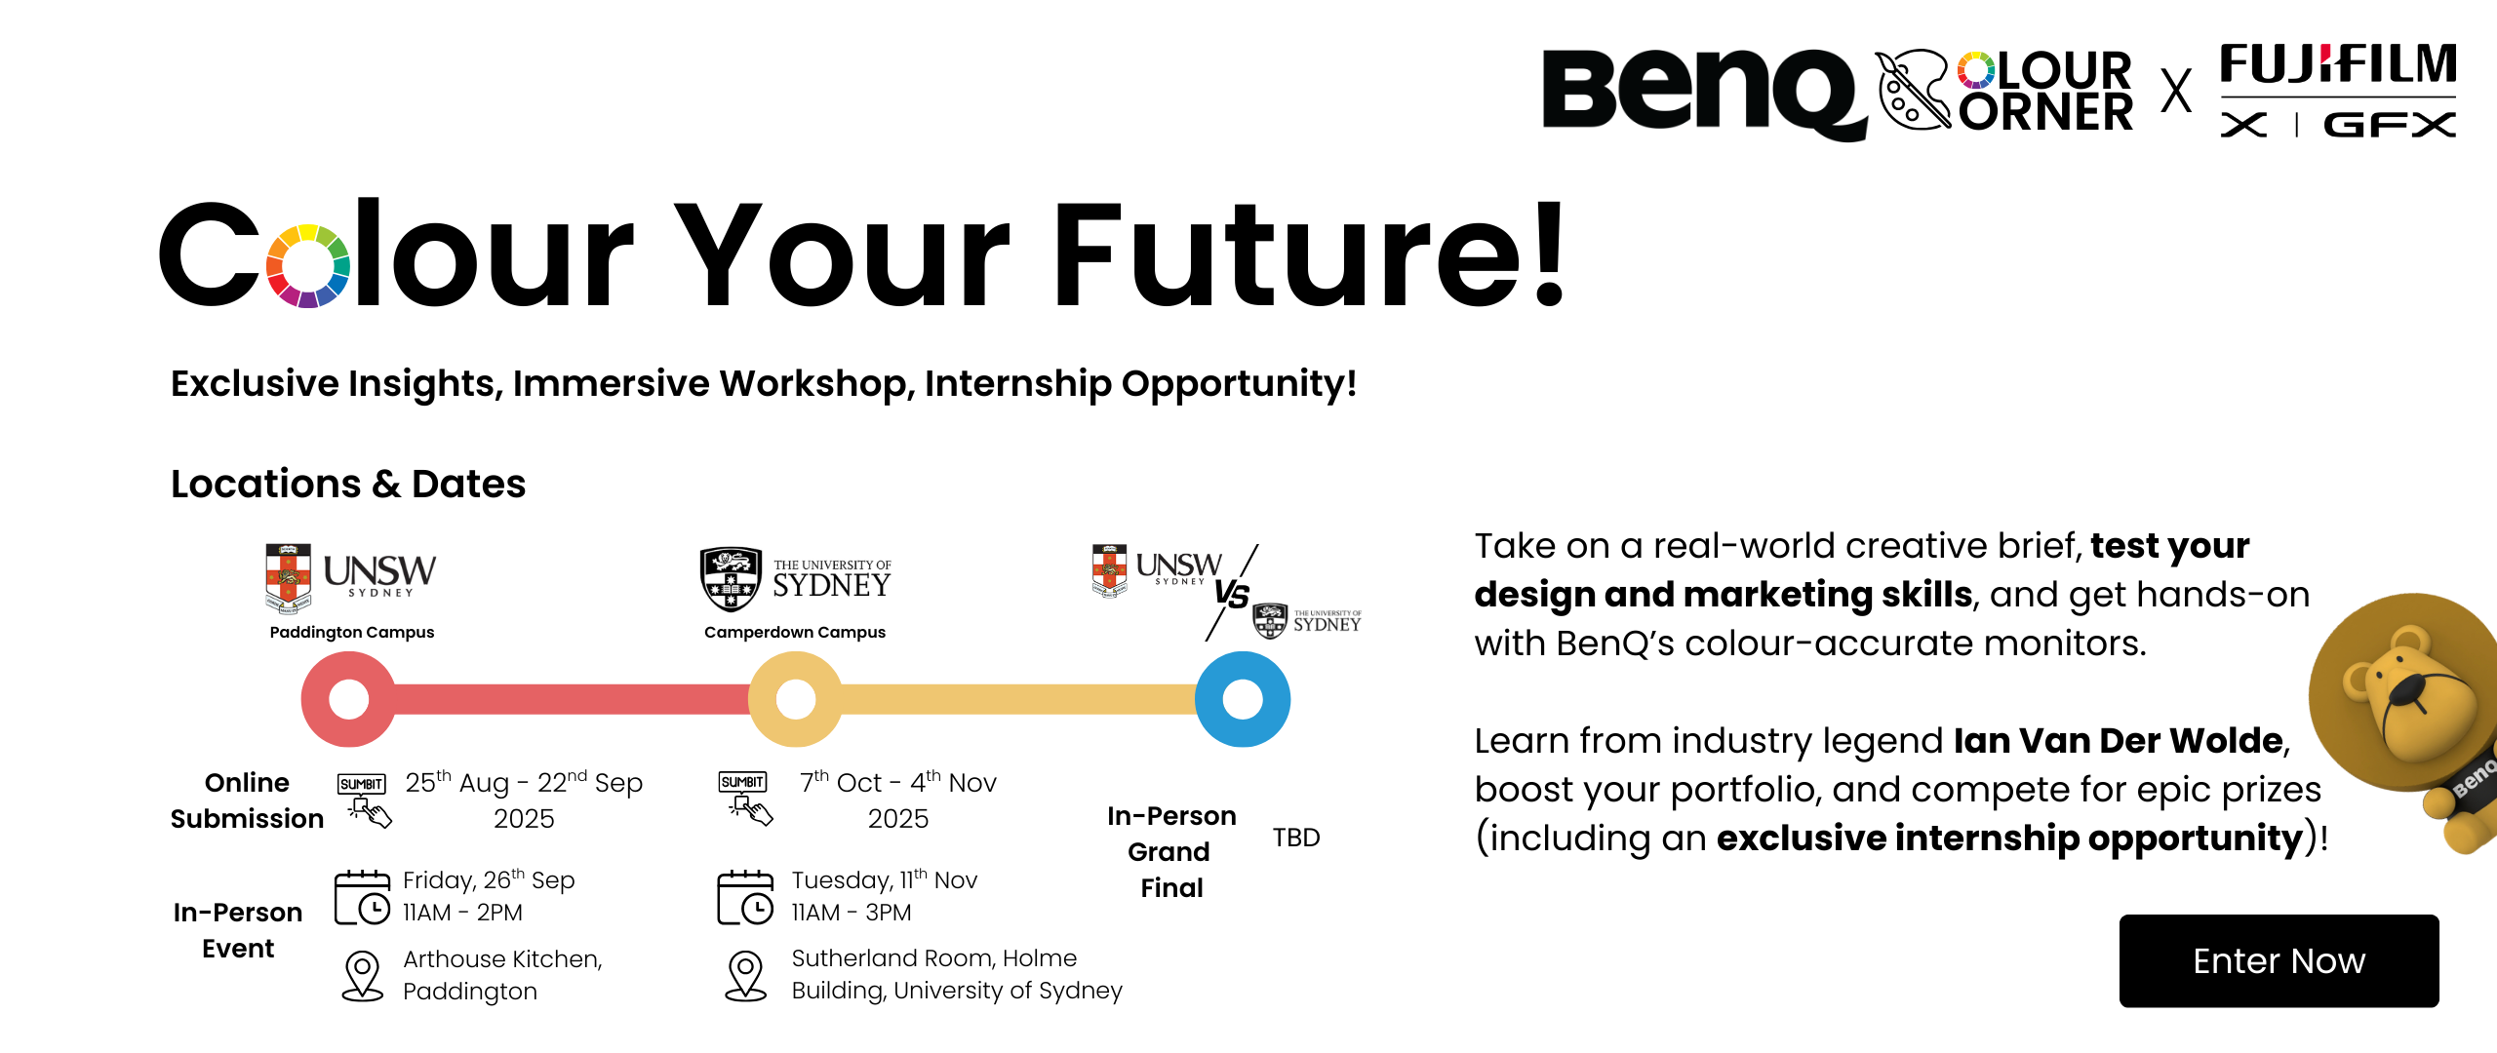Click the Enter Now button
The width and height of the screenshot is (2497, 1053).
tap(2279, 961)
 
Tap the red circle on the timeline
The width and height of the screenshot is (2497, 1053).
tap(348, 699)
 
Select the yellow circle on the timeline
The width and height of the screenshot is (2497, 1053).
tap(795, 699)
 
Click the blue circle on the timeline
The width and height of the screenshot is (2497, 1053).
tap(1242, 699)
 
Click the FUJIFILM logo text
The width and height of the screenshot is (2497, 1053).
tap(2338, 65)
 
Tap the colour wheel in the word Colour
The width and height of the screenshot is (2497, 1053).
tap(308, 266)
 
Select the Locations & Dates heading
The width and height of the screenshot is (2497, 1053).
tap(348, 484)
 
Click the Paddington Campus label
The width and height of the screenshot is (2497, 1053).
tap(352, 632)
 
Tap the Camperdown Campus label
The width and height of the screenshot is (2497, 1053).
tap(795, 632)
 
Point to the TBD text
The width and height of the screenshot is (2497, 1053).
tap(1296, 838)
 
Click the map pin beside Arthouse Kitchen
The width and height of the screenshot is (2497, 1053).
tap(362, 975)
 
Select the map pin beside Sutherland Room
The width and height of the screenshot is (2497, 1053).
tap(746, 975)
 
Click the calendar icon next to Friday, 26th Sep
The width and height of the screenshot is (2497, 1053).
tap(362, 897)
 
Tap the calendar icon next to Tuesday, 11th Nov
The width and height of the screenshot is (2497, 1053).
tap(745, 897)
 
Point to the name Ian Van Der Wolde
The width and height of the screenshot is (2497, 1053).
tap(2118, 741)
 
